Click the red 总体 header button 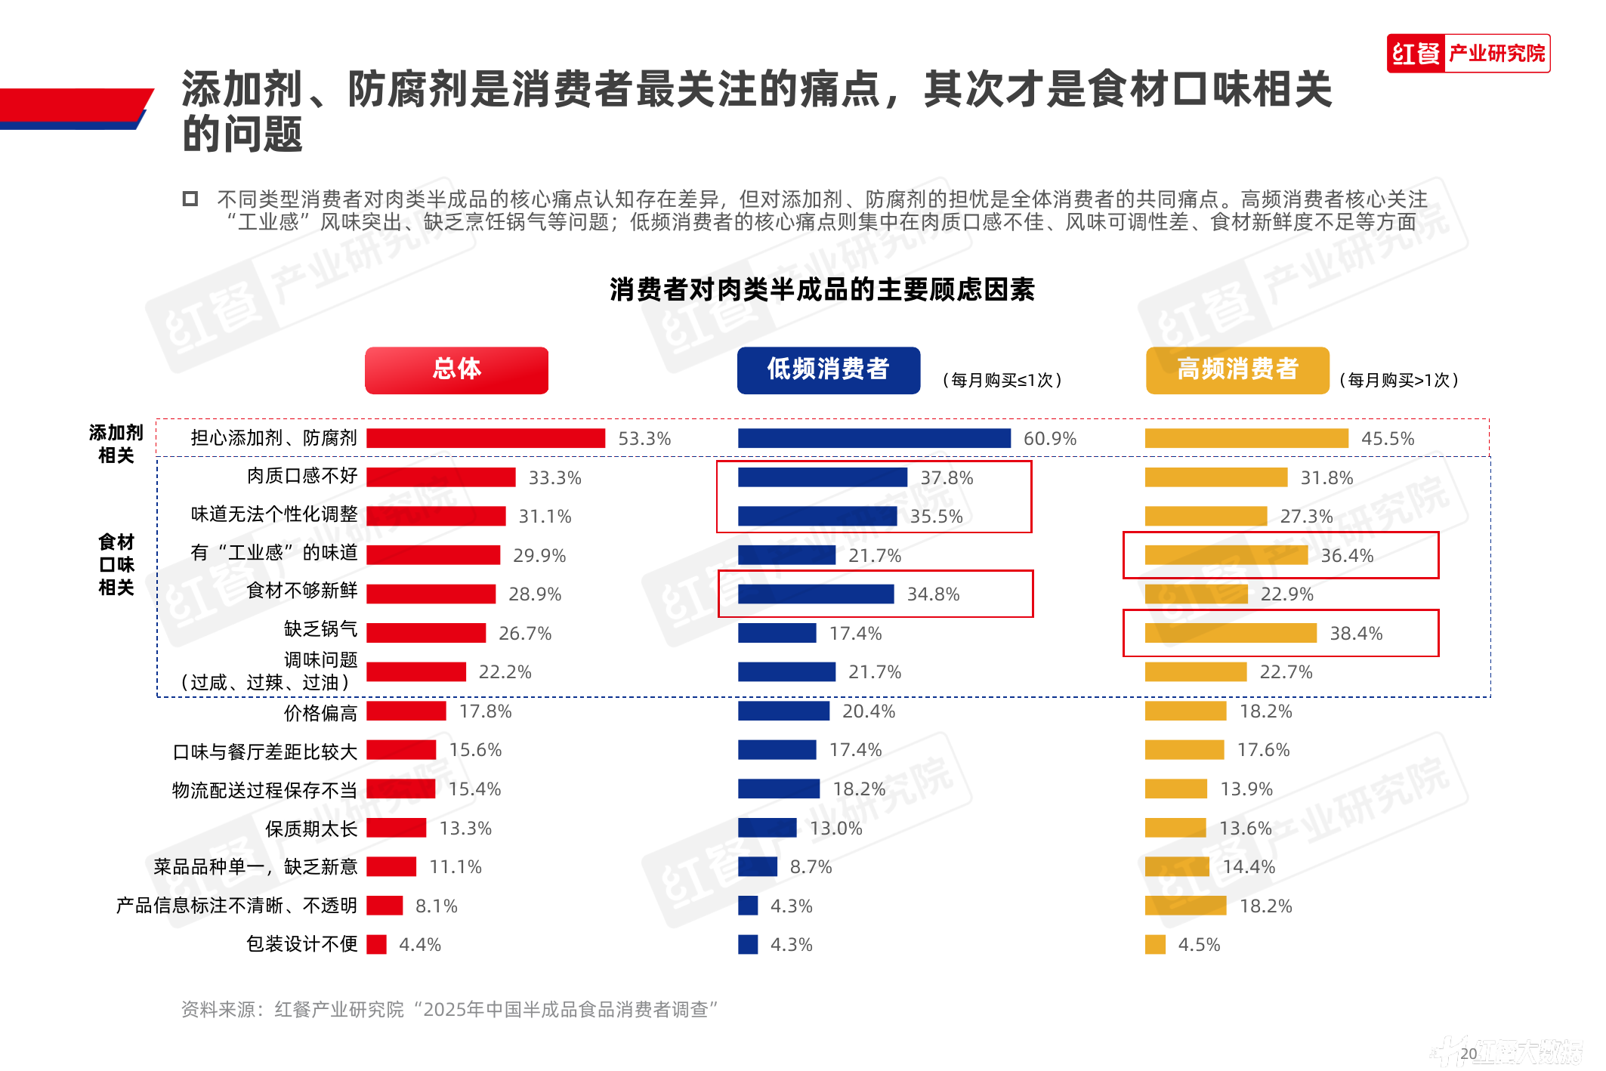click(456, 370)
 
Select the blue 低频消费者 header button click(828, 370)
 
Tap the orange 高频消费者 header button click(1237, 370)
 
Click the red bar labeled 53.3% click(486, 438)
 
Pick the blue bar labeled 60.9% click(874, 438)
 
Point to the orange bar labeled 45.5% click(1246, 438)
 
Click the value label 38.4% click(1356, 634)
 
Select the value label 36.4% click(1347, 556)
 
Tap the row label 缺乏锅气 click(320, 629)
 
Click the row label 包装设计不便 click(301, 944)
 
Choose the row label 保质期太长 click(310, 829)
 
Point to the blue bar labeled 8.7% click(757, 867)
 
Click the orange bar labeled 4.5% click(1155, 945)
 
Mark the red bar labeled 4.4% click(376, 945)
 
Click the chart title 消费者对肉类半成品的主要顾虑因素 click(822, 289)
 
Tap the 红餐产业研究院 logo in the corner click(1468, 54)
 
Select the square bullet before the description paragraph click(190, 199)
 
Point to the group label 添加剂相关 click(116, 444)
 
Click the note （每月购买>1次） click(1398, 380)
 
